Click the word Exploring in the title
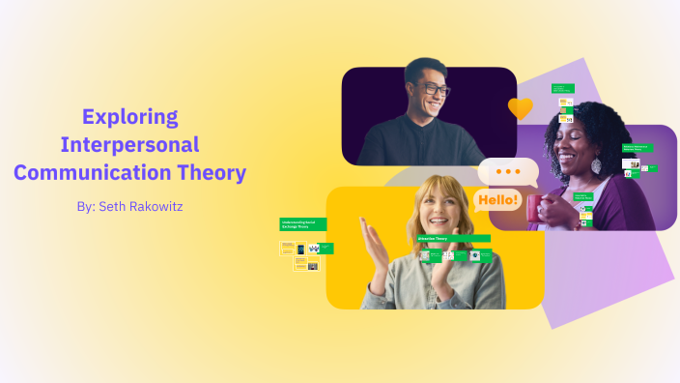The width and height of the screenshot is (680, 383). (x=130, y=117)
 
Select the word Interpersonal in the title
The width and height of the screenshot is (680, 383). (x=129, y=145)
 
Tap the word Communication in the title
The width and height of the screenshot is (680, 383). (x=95, y=174)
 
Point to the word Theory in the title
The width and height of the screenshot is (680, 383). (x=214, y=174)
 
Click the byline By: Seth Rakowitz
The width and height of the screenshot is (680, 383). (x=129, y=206)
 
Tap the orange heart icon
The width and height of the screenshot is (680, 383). (x=521, y=108)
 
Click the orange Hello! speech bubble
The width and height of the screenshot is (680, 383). (x=497, y=201)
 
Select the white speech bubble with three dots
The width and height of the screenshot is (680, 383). (x=508, y=172)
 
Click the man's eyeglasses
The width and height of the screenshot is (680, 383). (x=432, y=90)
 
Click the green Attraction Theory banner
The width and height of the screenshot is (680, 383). (x=453, y=238)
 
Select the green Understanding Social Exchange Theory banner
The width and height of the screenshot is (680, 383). (x=302, y=224)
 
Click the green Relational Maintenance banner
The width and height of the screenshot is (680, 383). (x=637, y=148)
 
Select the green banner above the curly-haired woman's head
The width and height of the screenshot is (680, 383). (x=563, y=89)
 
